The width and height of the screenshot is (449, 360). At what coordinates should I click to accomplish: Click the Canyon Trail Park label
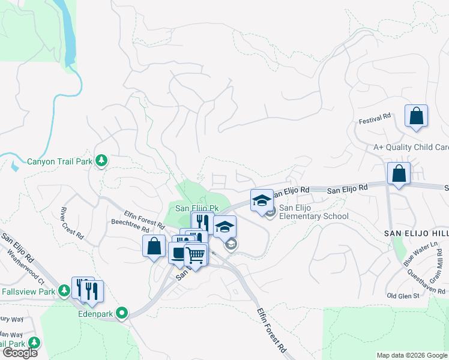[x=59, y=161]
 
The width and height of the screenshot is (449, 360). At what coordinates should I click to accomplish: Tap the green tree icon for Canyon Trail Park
[x=102, y=160]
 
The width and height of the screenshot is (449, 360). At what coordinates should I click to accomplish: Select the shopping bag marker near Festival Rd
[x=416, y=116]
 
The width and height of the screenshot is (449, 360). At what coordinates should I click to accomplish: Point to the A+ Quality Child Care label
[x=411, y=147]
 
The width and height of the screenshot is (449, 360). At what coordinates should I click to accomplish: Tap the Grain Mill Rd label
[x=439, y=264]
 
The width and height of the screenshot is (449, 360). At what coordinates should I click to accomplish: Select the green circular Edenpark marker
[x=122, y=313]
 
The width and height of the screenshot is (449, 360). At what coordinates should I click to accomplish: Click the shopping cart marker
[x=195, y=256]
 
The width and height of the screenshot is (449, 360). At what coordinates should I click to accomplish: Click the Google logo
[x=20, y=353]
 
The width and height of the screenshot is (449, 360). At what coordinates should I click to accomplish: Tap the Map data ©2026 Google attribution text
[x=411, y=355]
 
